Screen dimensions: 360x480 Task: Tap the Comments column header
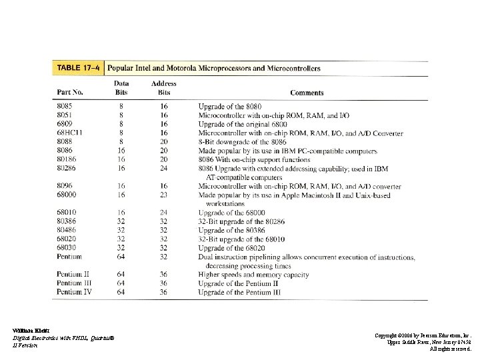coord(307,93)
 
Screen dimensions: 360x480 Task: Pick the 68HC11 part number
coord(69,133)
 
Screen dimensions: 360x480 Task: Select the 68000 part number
coord(67,195)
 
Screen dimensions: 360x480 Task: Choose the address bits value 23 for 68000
coord(164,195)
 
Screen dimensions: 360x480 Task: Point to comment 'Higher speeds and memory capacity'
coord(254,275)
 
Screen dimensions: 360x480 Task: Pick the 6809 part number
coord(65,124)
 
